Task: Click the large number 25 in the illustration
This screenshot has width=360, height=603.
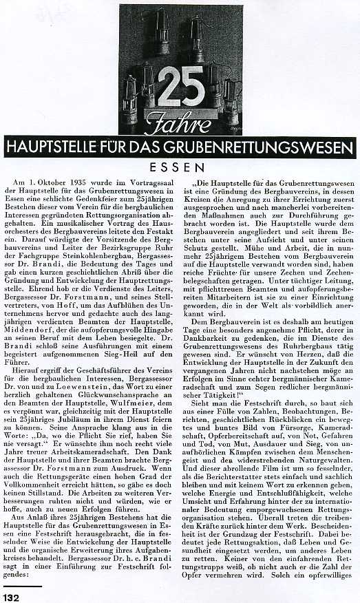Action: (180, 87)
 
